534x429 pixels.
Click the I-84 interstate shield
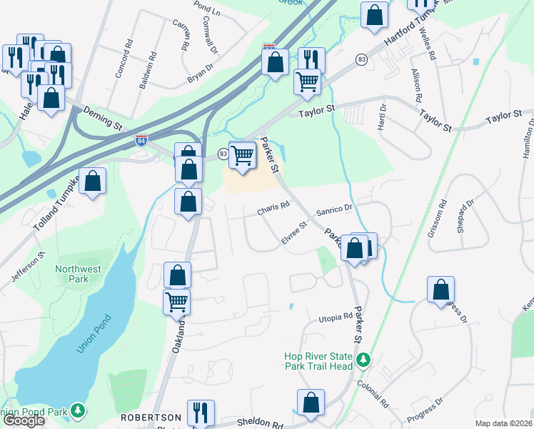click(141, 140)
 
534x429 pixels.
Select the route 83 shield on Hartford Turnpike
click(363, 59)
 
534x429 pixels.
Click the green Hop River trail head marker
click(364, 360)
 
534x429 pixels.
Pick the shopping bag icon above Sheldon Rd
click(311, 403)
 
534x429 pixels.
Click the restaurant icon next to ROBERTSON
click(200, 413)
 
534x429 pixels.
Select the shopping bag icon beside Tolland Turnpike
click(93, 182)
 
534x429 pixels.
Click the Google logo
click(24, 420)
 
